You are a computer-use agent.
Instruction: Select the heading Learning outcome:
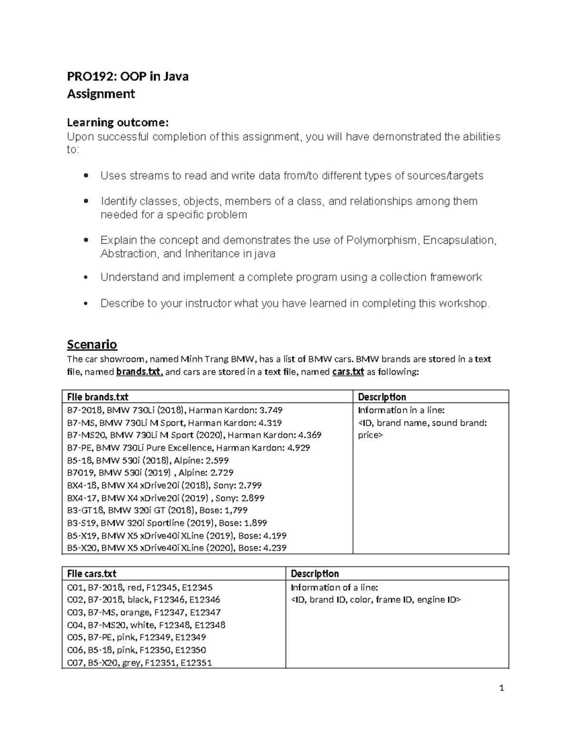tap(118, 123)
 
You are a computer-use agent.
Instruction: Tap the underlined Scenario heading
tap(92, 344)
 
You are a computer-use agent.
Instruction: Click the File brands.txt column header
tap(98, 397)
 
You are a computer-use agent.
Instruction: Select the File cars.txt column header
tap(92, 574)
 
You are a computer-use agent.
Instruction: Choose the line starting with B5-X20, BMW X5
tap(177, 548)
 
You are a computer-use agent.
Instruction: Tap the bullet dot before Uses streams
tap(86, 176)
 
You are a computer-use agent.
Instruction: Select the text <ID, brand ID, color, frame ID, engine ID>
tap(376, 600)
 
